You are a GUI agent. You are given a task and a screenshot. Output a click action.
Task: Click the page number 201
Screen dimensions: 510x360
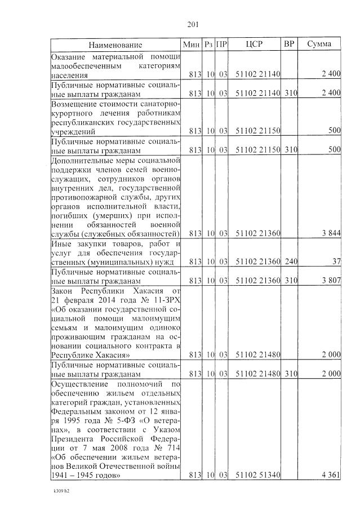click(193, 24)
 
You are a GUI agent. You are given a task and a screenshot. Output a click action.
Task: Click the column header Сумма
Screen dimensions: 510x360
click(319, 44)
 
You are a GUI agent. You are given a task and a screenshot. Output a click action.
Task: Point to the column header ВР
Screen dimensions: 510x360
click(289, 44)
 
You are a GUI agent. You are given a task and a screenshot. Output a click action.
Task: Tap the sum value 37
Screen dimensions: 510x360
click(335, 261)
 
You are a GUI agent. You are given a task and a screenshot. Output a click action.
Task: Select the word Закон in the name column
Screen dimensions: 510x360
click(64, 290)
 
